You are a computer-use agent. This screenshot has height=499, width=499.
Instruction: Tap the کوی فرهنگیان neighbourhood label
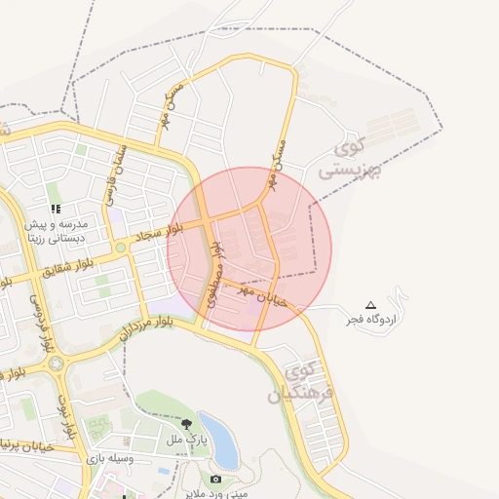310,383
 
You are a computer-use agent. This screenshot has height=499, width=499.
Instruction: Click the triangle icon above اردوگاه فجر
370,305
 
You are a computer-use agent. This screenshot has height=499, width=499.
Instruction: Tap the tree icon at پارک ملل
186,423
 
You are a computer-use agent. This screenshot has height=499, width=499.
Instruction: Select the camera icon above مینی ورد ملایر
215,479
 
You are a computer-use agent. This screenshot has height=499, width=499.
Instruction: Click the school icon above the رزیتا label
57,209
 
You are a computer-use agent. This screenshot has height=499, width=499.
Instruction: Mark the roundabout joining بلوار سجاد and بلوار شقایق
120,249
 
